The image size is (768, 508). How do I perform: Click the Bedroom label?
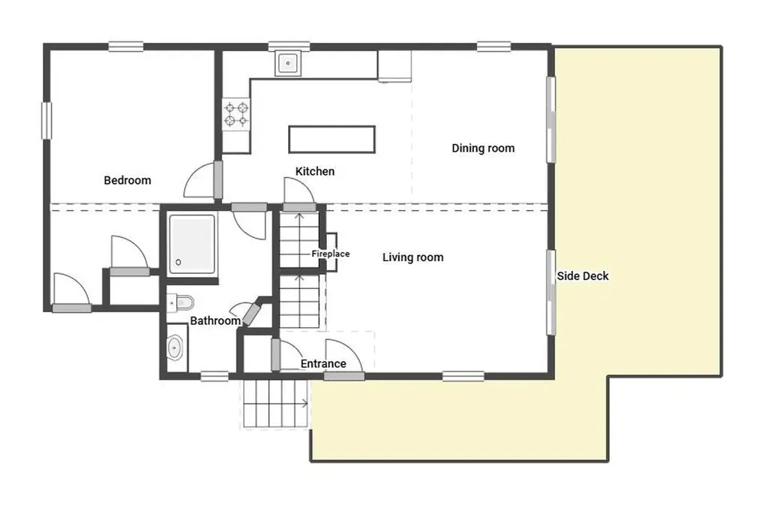click(x=127, y=180)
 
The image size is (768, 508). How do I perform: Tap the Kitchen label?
click(x=314, y=172)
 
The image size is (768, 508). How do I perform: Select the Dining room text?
click(x=483, y=149)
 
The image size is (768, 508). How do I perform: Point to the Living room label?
click(x=412, y=257)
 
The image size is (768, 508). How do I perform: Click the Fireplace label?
click(x=331, y=254)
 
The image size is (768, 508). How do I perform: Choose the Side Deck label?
click(x=583, y=276)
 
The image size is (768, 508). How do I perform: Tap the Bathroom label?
click(x=214, y=321)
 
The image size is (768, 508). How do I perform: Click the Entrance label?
click(x=323, y=364)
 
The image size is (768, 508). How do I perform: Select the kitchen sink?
click(x=288, y=64)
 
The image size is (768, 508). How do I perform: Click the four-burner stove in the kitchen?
click(x=236, y=114)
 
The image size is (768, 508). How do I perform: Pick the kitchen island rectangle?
click(x=331, y=140)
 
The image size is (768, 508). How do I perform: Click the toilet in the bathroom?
click(x=181, y=302)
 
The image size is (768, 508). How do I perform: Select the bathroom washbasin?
click(x=175, y=348)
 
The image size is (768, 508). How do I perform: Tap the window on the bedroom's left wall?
click(x=46, y=120)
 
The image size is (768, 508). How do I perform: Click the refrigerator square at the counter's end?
click(x=394, y=65)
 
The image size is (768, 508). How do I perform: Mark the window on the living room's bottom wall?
click(x=463, y=376)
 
